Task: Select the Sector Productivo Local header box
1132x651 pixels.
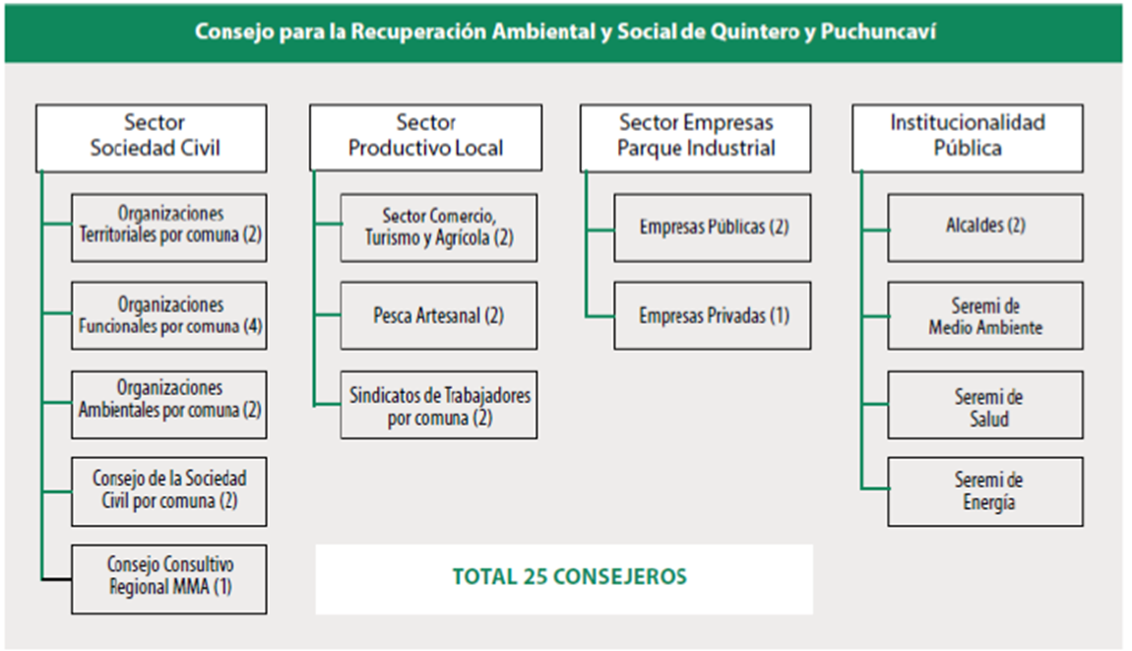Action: click(425, 137)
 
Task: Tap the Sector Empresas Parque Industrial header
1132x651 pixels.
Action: click(696, 137)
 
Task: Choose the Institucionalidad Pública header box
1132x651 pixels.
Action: click(968, 137)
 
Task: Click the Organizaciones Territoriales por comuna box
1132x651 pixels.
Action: click(169, 227)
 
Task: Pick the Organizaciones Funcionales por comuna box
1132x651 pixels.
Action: click(169, 315)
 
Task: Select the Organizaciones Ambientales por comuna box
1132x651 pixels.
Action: click(169, 404)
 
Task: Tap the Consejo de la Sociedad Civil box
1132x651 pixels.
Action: click(169, 490)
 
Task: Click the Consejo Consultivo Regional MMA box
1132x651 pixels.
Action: click(169, 578)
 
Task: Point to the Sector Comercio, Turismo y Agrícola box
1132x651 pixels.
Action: click(439, 227)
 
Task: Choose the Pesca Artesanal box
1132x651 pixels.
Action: click(439, 315)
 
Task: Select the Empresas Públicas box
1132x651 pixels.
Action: click(713, 227)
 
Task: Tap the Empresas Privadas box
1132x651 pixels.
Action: click(713, 315)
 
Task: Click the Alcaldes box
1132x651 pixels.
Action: click(985, 227)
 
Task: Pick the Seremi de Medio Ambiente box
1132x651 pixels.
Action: click(985, 315)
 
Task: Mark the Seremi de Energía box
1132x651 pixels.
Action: click(985, 490)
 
